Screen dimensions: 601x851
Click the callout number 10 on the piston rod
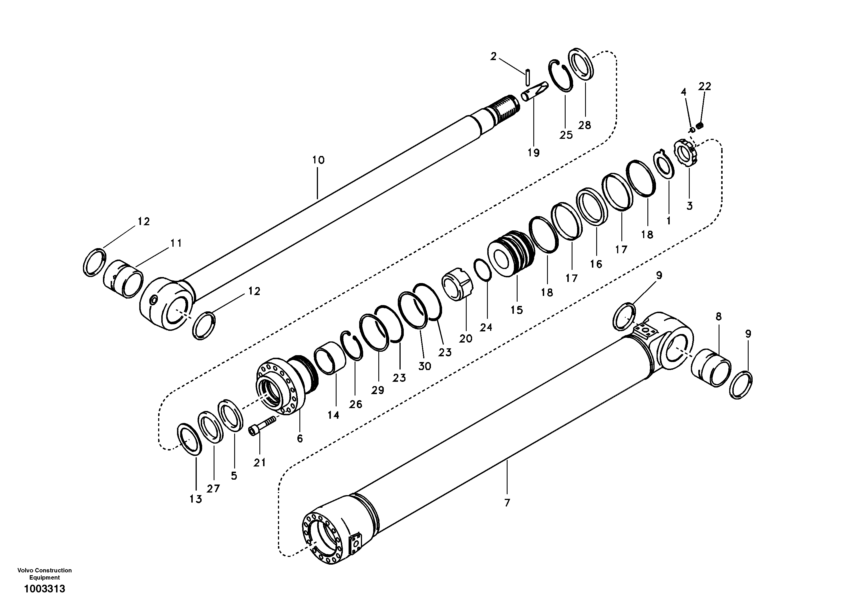pyautogui.click(x=318, y=160)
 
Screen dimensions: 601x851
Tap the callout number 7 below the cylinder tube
pyautogui.click(x=507, y=503)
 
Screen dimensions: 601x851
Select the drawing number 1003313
pyautogui.click(x=45, y=589)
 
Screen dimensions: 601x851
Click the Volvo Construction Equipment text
pyautogui.click(x=45, y=574)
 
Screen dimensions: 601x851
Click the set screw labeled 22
pyautogui.click(x=700, y=126)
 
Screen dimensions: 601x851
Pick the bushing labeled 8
pyautogui.click(x=711, y=367)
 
